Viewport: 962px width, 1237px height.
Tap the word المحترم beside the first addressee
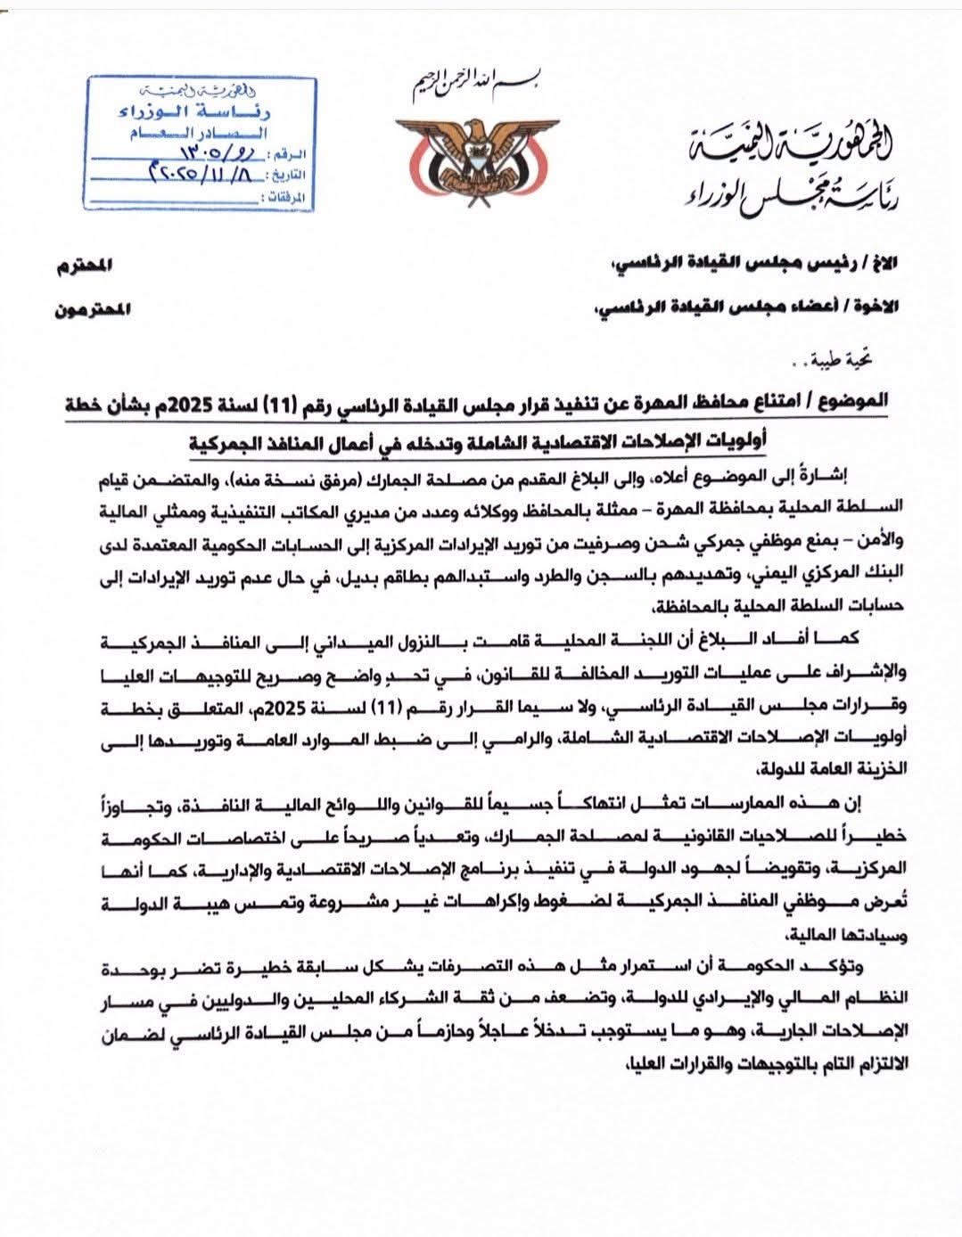click(x=92, y=265)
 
